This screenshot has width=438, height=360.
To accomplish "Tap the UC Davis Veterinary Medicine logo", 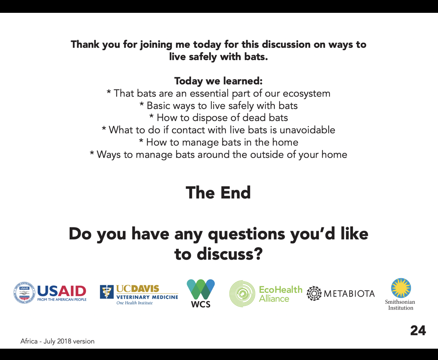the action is [x=139, y=295].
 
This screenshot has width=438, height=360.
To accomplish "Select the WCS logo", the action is [x=201, y=293].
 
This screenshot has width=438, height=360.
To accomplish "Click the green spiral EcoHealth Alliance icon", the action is [x=242, y=294].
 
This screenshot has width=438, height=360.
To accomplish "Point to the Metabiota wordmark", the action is [x=349, y=294].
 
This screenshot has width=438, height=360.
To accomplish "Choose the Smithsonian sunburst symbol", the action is [x=401, y=288].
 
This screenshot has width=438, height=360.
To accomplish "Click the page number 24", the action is [x=418, y=331].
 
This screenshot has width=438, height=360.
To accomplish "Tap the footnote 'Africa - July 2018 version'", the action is [x=57, y=341].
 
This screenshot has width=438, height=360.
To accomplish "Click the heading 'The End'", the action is [x=218, y=192].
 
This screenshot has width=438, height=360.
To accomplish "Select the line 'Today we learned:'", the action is [x=219, y=81].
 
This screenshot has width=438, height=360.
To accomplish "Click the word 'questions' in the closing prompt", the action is [x=247, y=234].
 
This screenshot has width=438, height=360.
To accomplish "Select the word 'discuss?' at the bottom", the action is [x=230, y=254].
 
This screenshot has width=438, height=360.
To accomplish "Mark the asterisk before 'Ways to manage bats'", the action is [x=92, y=153].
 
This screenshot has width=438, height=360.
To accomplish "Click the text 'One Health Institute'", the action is [x=135, y=303].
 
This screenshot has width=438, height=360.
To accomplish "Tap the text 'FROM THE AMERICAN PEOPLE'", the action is [x=62, y=300].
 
